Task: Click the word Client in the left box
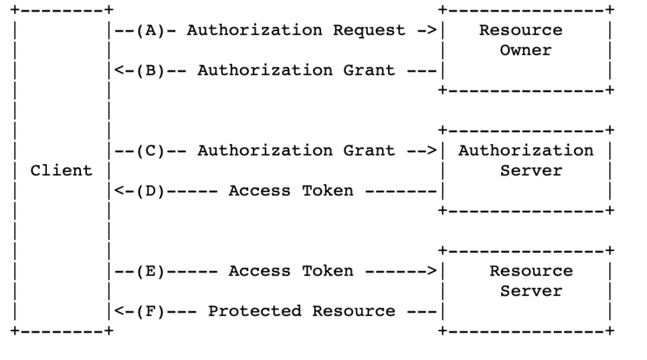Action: pyautogui.click(x=62, y=171)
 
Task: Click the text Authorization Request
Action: pyautogui.click(x=296, y=30)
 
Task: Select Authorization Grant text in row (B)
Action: pyautogui.click(x=296, y=71)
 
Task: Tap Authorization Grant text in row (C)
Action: pyautogui.click(x=296, y=151)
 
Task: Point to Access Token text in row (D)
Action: pyautogui.click(x=290, y=191)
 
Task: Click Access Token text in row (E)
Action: pyautogui.click(x=290, y=271)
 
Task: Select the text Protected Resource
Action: pyautogui.click(x=301, y=311)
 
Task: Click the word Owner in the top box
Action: pyautogui.click(x=525, y=50)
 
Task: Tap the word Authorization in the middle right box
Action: pyautogui.click(x=525, y=151)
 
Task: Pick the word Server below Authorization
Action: pyautogui.click(x=525, y=171)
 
